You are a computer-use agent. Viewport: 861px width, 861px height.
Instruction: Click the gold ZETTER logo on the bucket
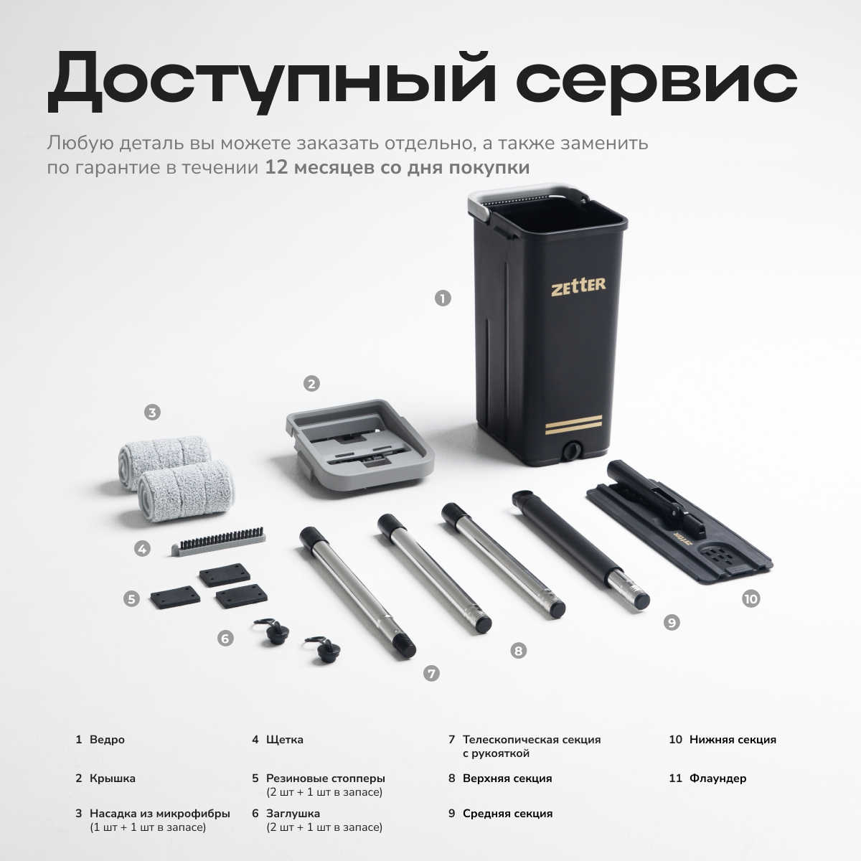pyautogui.click(x=578, y=286)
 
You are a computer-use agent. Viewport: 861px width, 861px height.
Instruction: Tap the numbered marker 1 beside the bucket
pyautogui.click(x=443, y=298)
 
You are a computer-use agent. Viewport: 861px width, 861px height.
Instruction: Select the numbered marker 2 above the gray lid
pyautogui.click(x=311, y=384)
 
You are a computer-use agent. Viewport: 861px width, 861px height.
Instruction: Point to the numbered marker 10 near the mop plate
pyautogui.click(x=751, y=598)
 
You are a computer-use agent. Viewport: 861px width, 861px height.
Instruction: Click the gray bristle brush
pyautogui.click(x=219, y=541)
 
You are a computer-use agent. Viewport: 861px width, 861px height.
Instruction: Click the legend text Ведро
pyautogui.click(x=107, y=740)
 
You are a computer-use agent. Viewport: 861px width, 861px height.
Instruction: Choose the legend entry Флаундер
pyautogui.click(x=717, y=778)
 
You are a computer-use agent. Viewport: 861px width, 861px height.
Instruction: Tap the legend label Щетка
pyautogui.click(x=285, y=740)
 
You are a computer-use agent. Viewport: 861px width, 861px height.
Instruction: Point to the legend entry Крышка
pyautogui.click(x=113, y=778)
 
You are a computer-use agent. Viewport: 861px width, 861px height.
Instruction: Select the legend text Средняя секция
pyautogui.click(x=507, y=813)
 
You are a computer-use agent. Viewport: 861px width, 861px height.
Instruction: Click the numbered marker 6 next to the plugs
pyautogui.click(x=225, y=639)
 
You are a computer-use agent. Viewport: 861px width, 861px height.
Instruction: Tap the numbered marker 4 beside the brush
pyautogui.click(x=143, y=549)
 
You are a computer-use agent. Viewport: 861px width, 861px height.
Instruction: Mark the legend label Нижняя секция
pyautogui.click(x=733, y=740)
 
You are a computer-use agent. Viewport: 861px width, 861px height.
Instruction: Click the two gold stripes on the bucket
pyautogui.click(x=574, y=425)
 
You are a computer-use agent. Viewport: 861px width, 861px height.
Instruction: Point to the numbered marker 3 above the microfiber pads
pyautogui.click(x=152, y=412)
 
